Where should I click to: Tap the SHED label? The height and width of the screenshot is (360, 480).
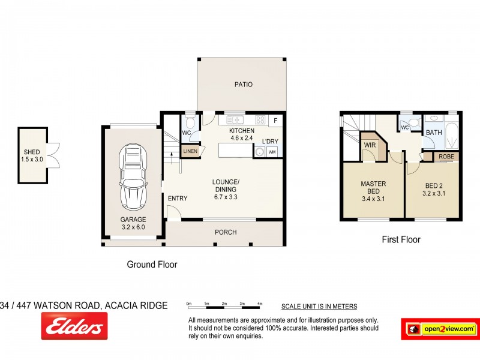[32, 152]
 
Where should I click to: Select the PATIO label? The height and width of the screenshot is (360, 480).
[243, 85]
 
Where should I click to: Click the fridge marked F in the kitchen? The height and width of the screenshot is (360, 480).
[275, 120]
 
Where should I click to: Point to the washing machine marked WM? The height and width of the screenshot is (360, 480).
[272, 152]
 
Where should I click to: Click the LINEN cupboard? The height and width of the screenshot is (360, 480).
[190, 151]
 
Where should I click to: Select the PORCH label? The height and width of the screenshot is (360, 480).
[226, 232]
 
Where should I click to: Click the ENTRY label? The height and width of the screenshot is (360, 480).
[178, 199]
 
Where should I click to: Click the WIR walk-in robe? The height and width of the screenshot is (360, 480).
[369, 145]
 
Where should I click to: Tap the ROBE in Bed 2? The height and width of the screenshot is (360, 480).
[446, 157]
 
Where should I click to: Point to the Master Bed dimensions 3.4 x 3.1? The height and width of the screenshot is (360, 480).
[373, 199]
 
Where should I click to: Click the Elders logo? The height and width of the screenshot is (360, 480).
[74, 326]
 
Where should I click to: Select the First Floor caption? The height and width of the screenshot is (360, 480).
[401, 239]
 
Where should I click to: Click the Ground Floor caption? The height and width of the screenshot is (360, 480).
[152, 264]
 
